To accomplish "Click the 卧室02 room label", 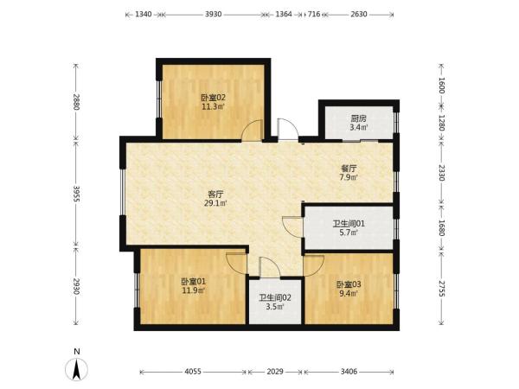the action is pyautogui.click(x=214, y=98).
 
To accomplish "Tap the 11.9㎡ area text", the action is pyautogui.click(x=194, y=290).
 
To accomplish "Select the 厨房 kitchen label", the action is pyautogui.click(x=359, y=118).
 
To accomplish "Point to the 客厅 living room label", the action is pyautogui.click(x=215, y=194).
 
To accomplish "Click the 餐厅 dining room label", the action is pyautogui.click(x=349, y=169).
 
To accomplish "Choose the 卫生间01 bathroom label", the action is pyautogui.click(x=349, y=224).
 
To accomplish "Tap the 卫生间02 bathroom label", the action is pyautogui.click(x=275, y=297).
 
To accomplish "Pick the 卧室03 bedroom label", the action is pyautogui.click(x=349, y=284).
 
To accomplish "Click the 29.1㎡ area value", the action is pyautogui.click(x=215, y=203).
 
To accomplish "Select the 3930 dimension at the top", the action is pyautogui.click(x=213, y=14).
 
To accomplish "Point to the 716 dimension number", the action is pyautogui.click(x=314, y=14).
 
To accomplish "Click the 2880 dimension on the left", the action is pyautogui.click(x=76, y=102).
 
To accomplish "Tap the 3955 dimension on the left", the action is pyautogui.click(x=76, y=194).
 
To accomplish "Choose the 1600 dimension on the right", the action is pyautogui.click(x=441, y=85).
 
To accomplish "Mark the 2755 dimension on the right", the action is pyautogui.click(x=441, y=289).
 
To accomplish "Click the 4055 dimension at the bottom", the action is pyautogui.click(x=193, y=372).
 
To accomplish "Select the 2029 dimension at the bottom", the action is pyautogui.click(x=275, y=372).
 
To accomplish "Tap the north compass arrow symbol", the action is pyautogui.click(x=77, y=369).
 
